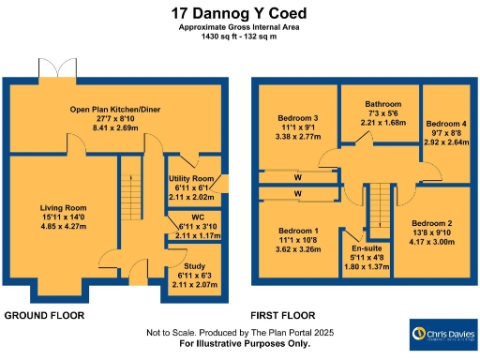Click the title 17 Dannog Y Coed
pyautogui.click(x=240, y=13)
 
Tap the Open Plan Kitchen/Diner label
pyautogui.click(x=115, y=111)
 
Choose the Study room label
pyautogui.click(x=195, y=267)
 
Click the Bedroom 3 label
pyautogui.click(x=295, y=118)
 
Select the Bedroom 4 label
pyautogui.click(x=446, y=124)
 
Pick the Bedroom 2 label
pyautogui.click(x=431, y=224)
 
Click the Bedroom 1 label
pyautogui.click(x=298, y=231)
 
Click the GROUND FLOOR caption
pyautogui.click(x=46, y=316)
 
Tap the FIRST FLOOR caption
pyautogui.click(x=283, y=316)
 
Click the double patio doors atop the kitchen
pyautogui.click(x=62, y=67)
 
